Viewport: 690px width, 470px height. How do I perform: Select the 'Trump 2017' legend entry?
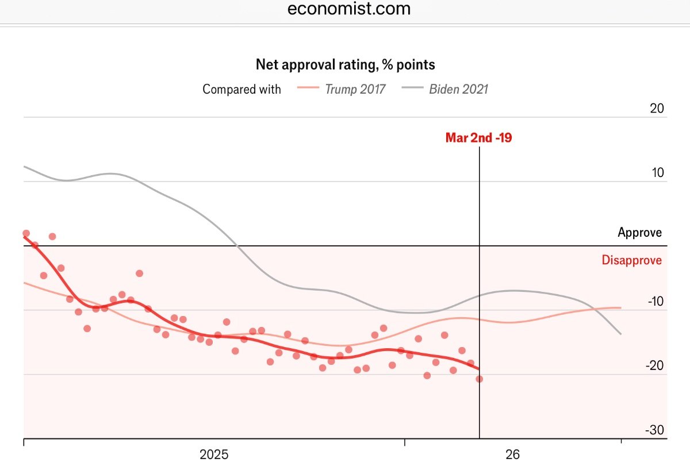point(355,89)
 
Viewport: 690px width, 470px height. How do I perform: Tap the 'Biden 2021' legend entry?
point(458,89)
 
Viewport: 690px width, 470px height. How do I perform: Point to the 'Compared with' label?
point(241,89)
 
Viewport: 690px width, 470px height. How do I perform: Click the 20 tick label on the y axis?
point(656,109)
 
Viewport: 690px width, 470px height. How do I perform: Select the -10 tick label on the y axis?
point(654,302)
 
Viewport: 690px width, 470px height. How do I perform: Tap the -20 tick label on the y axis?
point(654,366)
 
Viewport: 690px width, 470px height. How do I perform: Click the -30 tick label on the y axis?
point(654,430)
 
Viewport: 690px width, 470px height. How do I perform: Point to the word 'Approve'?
point(639,233)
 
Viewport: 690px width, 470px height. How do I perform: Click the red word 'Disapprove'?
point(631,260)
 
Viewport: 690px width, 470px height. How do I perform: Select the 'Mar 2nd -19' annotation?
point(478,138)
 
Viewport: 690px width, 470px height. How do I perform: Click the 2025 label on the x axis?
point(214,455)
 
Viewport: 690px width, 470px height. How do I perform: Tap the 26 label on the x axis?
point(512,455)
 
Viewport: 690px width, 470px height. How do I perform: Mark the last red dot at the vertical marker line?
point(479,379)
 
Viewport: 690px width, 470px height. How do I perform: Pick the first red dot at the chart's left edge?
point(26,233)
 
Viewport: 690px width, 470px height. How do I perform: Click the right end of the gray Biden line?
point(620,333)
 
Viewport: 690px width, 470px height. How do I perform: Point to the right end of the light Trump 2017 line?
point(620,307)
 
